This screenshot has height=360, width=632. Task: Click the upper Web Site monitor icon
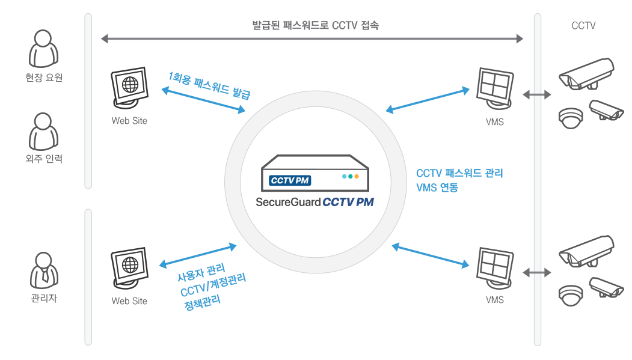pyautogui.click(x=129, y=88)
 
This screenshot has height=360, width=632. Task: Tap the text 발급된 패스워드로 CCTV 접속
pyautogui.click(x=315, y=26)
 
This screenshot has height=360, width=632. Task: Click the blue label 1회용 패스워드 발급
pyautogui.click(x=209, y=85)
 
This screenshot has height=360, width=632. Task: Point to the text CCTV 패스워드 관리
pyautogui.click(x=459, y=174)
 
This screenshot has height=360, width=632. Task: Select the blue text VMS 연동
pyautogui.click(x=437, y=188)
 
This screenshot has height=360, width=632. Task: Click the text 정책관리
pyautogui.click(x=203, y=300)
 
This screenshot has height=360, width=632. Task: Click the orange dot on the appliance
pyautogui.click(x=357, y=177)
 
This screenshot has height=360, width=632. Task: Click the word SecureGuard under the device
pyautogui.click(x=288, y=203)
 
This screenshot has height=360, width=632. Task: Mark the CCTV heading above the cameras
pyautogui.click(x=583, y=26)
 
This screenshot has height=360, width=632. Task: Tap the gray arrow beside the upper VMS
pyautogui.click(x=536, y=94)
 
